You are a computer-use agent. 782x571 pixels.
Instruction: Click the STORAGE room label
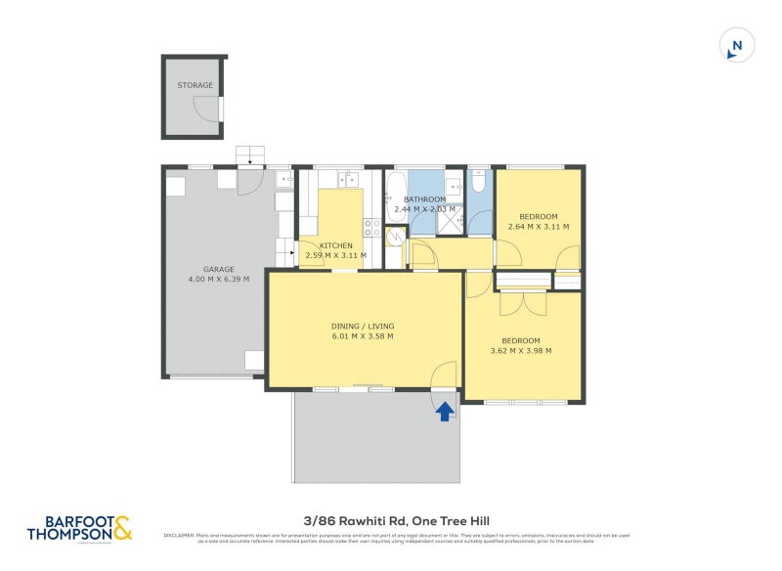(x=195, y=86)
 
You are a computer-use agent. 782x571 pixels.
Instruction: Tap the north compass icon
(x=737, y=45)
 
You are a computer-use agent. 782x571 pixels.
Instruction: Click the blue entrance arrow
(x=445, y=411)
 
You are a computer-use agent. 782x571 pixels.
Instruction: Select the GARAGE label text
(x=218, y=269)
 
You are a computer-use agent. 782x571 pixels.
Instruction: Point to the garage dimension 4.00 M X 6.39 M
(x=218, y=280)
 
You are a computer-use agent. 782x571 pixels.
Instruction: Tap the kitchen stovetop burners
(x=372, y=228)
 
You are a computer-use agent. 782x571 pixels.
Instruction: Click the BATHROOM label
(x=425, y=199)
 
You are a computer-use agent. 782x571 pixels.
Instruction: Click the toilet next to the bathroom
(x=478, y=183)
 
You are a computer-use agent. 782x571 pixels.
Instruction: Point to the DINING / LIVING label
(x=363, y=326)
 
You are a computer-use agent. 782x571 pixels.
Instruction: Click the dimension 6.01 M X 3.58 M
(x=363, y=336)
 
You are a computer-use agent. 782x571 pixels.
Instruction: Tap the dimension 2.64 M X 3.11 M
(x=538, y=227)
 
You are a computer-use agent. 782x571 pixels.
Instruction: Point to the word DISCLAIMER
(x=179, y=535)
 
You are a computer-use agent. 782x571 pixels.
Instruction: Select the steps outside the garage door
(x=250, y=154)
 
